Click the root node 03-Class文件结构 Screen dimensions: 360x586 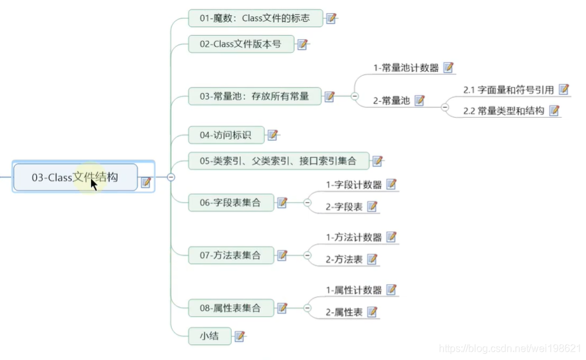[x=75, y=178]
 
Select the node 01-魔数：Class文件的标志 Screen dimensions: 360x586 [x=255, y=18]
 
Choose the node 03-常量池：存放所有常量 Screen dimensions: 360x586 [x=254, y=97]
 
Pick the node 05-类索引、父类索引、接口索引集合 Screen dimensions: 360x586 [x=278, y=161]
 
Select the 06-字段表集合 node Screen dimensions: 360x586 [x=231, y=203]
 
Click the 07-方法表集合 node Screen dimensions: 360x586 [x=231, y=256]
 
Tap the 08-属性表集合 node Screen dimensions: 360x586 [x=231, y=308]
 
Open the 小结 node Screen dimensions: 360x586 [x=209, y=336]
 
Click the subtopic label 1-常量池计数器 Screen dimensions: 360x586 [x=406, y=68]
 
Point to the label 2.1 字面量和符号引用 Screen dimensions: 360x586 [x=508, y=90]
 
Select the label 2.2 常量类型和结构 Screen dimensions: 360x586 [x=503, y=111]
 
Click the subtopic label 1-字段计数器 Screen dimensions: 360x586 [x=354, y=185]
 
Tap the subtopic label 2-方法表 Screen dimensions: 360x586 [x=344, y=259]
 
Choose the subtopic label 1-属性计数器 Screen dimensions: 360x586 [x=354, y=291]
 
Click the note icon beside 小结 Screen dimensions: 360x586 [x=239, y=336]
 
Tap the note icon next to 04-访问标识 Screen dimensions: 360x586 [x=273, y=135]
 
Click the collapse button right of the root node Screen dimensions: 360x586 [x=171, y=178]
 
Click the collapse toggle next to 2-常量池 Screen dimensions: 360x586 [x=445, y=107]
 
